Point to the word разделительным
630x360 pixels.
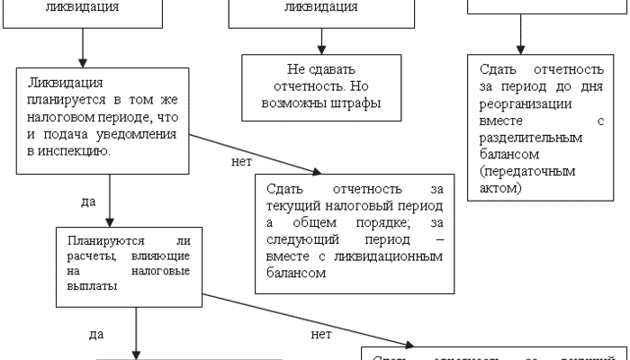click(x=532, y=138)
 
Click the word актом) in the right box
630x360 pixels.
click(x=500, y=187)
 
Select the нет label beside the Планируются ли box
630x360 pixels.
click(x=320, y=333)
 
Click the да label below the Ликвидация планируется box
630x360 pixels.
click(x=88, y=202)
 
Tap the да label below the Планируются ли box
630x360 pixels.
click(x=98, y=334)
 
